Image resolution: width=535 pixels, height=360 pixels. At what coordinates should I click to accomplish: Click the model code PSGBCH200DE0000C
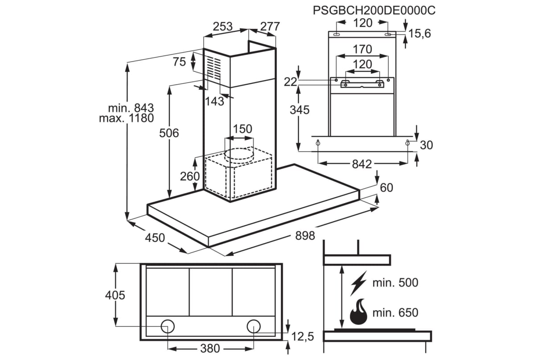374,11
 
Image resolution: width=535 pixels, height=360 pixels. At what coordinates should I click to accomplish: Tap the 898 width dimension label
305,236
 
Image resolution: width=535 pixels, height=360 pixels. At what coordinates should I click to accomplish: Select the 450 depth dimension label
155,238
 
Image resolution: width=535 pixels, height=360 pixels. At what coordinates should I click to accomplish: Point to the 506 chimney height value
169,133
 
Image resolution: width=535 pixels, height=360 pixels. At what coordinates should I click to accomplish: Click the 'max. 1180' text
126,118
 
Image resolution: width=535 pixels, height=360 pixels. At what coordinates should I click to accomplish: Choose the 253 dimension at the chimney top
222,26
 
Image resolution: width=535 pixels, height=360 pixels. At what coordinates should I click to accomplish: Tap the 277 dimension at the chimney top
270,26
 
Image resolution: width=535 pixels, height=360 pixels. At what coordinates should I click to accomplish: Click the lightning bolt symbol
358,283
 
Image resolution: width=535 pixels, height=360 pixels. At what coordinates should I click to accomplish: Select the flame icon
358,312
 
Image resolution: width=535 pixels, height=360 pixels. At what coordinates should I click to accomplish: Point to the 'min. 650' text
395,312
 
